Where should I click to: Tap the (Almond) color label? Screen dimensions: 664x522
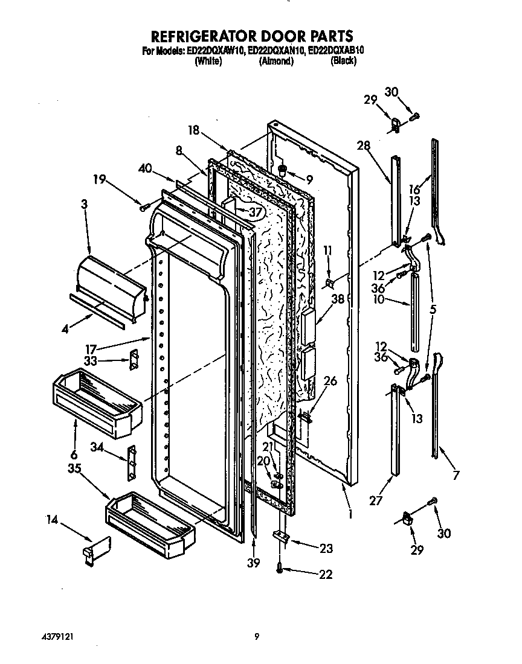coord(276,61)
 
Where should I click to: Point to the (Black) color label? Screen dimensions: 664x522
coord(343,61)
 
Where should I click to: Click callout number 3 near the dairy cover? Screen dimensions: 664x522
coord(84,205)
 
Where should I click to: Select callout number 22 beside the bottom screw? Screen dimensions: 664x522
coord(325,574)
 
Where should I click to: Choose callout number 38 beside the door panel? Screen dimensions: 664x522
coord(337,298)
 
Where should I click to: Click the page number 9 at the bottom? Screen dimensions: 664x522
coord(257,636)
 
